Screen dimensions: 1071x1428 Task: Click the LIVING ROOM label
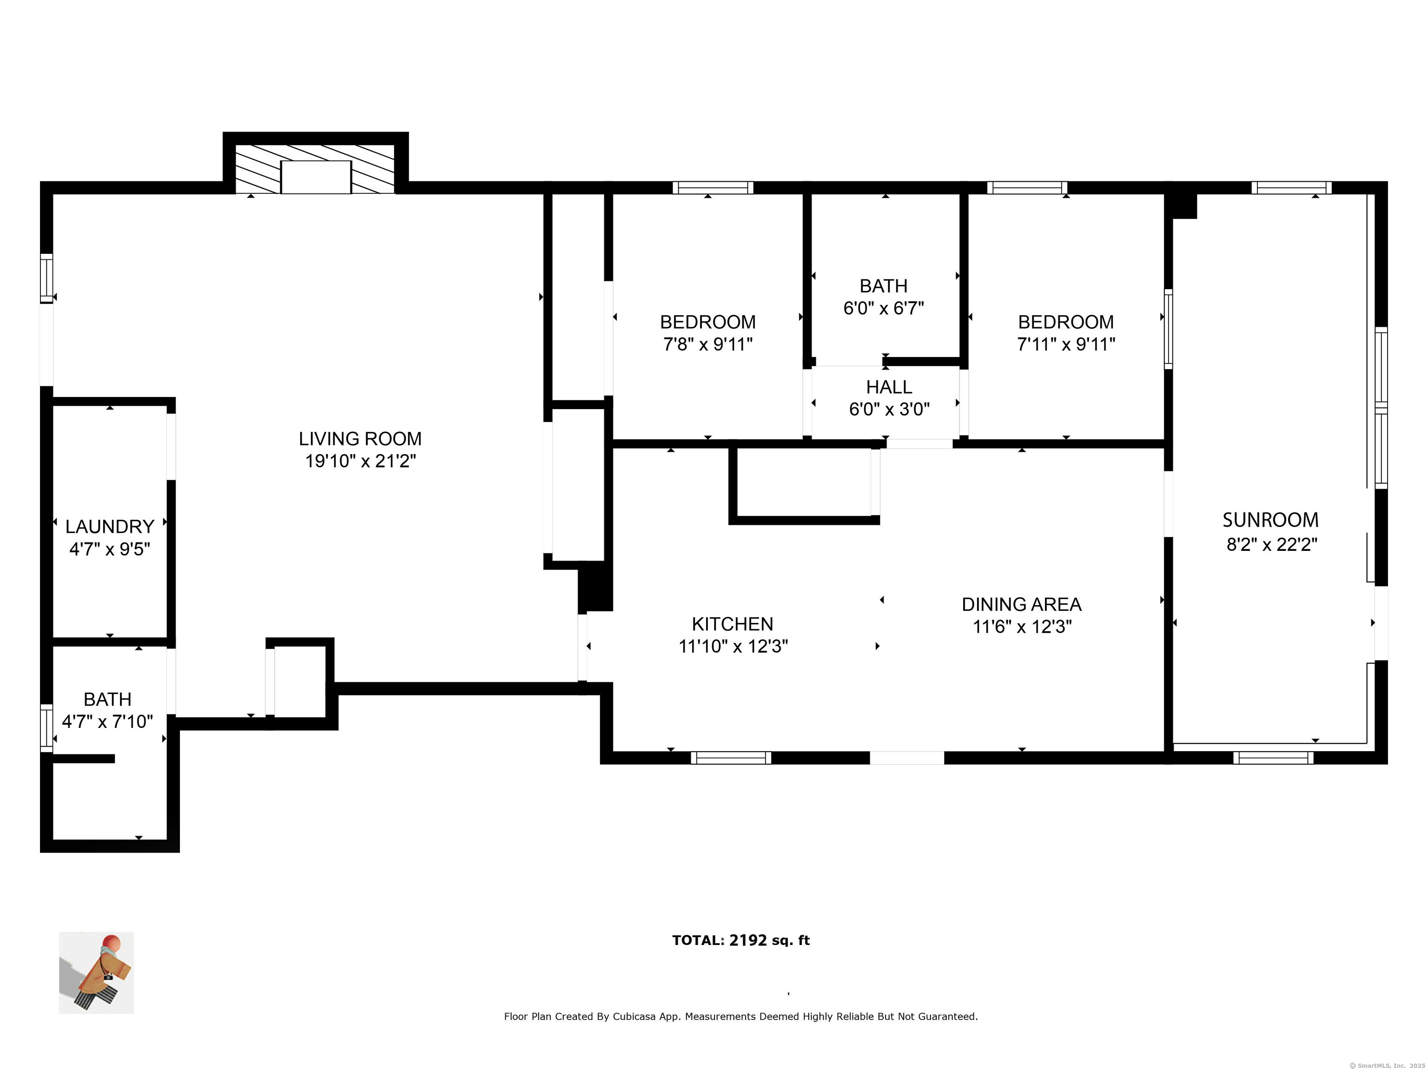point(360,439)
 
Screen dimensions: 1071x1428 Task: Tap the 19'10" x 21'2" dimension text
point(360,462)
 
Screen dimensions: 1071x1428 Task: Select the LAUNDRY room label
point(110,527)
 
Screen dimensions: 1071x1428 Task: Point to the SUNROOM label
point(1270,520)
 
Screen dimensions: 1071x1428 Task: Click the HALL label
point(888,387)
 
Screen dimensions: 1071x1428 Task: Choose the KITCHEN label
point(732,624)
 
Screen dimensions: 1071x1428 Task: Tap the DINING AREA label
point(1021,605)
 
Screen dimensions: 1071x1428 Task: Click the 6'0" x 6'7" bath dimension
point(883,309)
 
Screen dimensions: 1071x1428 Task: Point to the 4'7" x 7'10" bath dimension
point(107,722)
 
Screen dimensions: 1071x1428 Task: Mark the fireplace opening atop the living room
point(316,177)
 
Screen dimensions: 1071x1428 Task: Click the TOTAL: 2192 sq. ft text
point(740,940)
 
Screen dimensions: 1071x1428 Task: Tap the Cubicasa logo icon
point(96,972)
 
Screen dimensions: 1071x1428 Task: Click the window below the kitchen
point(731,758)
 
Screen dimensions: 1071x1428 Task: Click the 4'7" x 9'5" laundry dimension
point(110,549)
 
